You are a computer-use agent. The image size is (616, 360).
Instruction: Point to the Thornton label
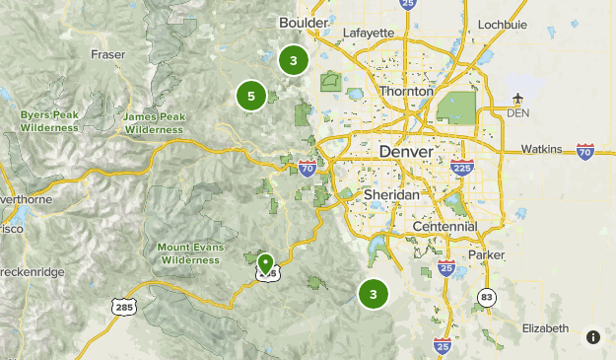tap(404, 91)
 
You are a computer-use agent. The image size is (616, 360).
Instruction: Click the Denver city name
tap(405, 153)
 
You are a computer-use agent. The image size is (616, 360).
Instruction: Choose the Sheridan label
tap(392, 195)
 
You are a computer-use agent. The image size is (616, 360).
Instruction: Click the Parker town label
tap(485, 254)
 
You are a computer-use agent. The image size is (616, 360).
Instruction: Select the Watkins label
tap(541, 150)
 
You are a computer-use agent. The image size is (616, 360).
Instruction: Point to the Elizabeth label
tap(545, 327)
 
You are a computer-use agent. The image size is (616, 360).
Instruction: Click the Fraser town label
tap(109, 54)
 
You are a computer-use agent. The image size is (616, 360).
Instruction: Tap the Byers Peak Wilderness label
tap(48, 121)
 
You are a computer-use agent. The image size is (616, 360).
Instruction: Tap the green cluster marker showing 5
tap(251, 97)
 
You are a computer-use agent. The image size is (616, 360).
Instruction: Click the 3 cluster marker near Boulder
tap(293, 61)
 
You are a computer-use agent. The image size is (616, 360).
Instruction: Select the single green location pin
tap(265, 263)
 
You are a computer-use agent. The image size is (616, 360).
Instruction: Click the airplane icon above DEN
tap(518, 98)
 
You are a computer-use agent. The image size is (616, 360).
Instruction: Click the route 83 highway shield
tap(486, 296)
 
